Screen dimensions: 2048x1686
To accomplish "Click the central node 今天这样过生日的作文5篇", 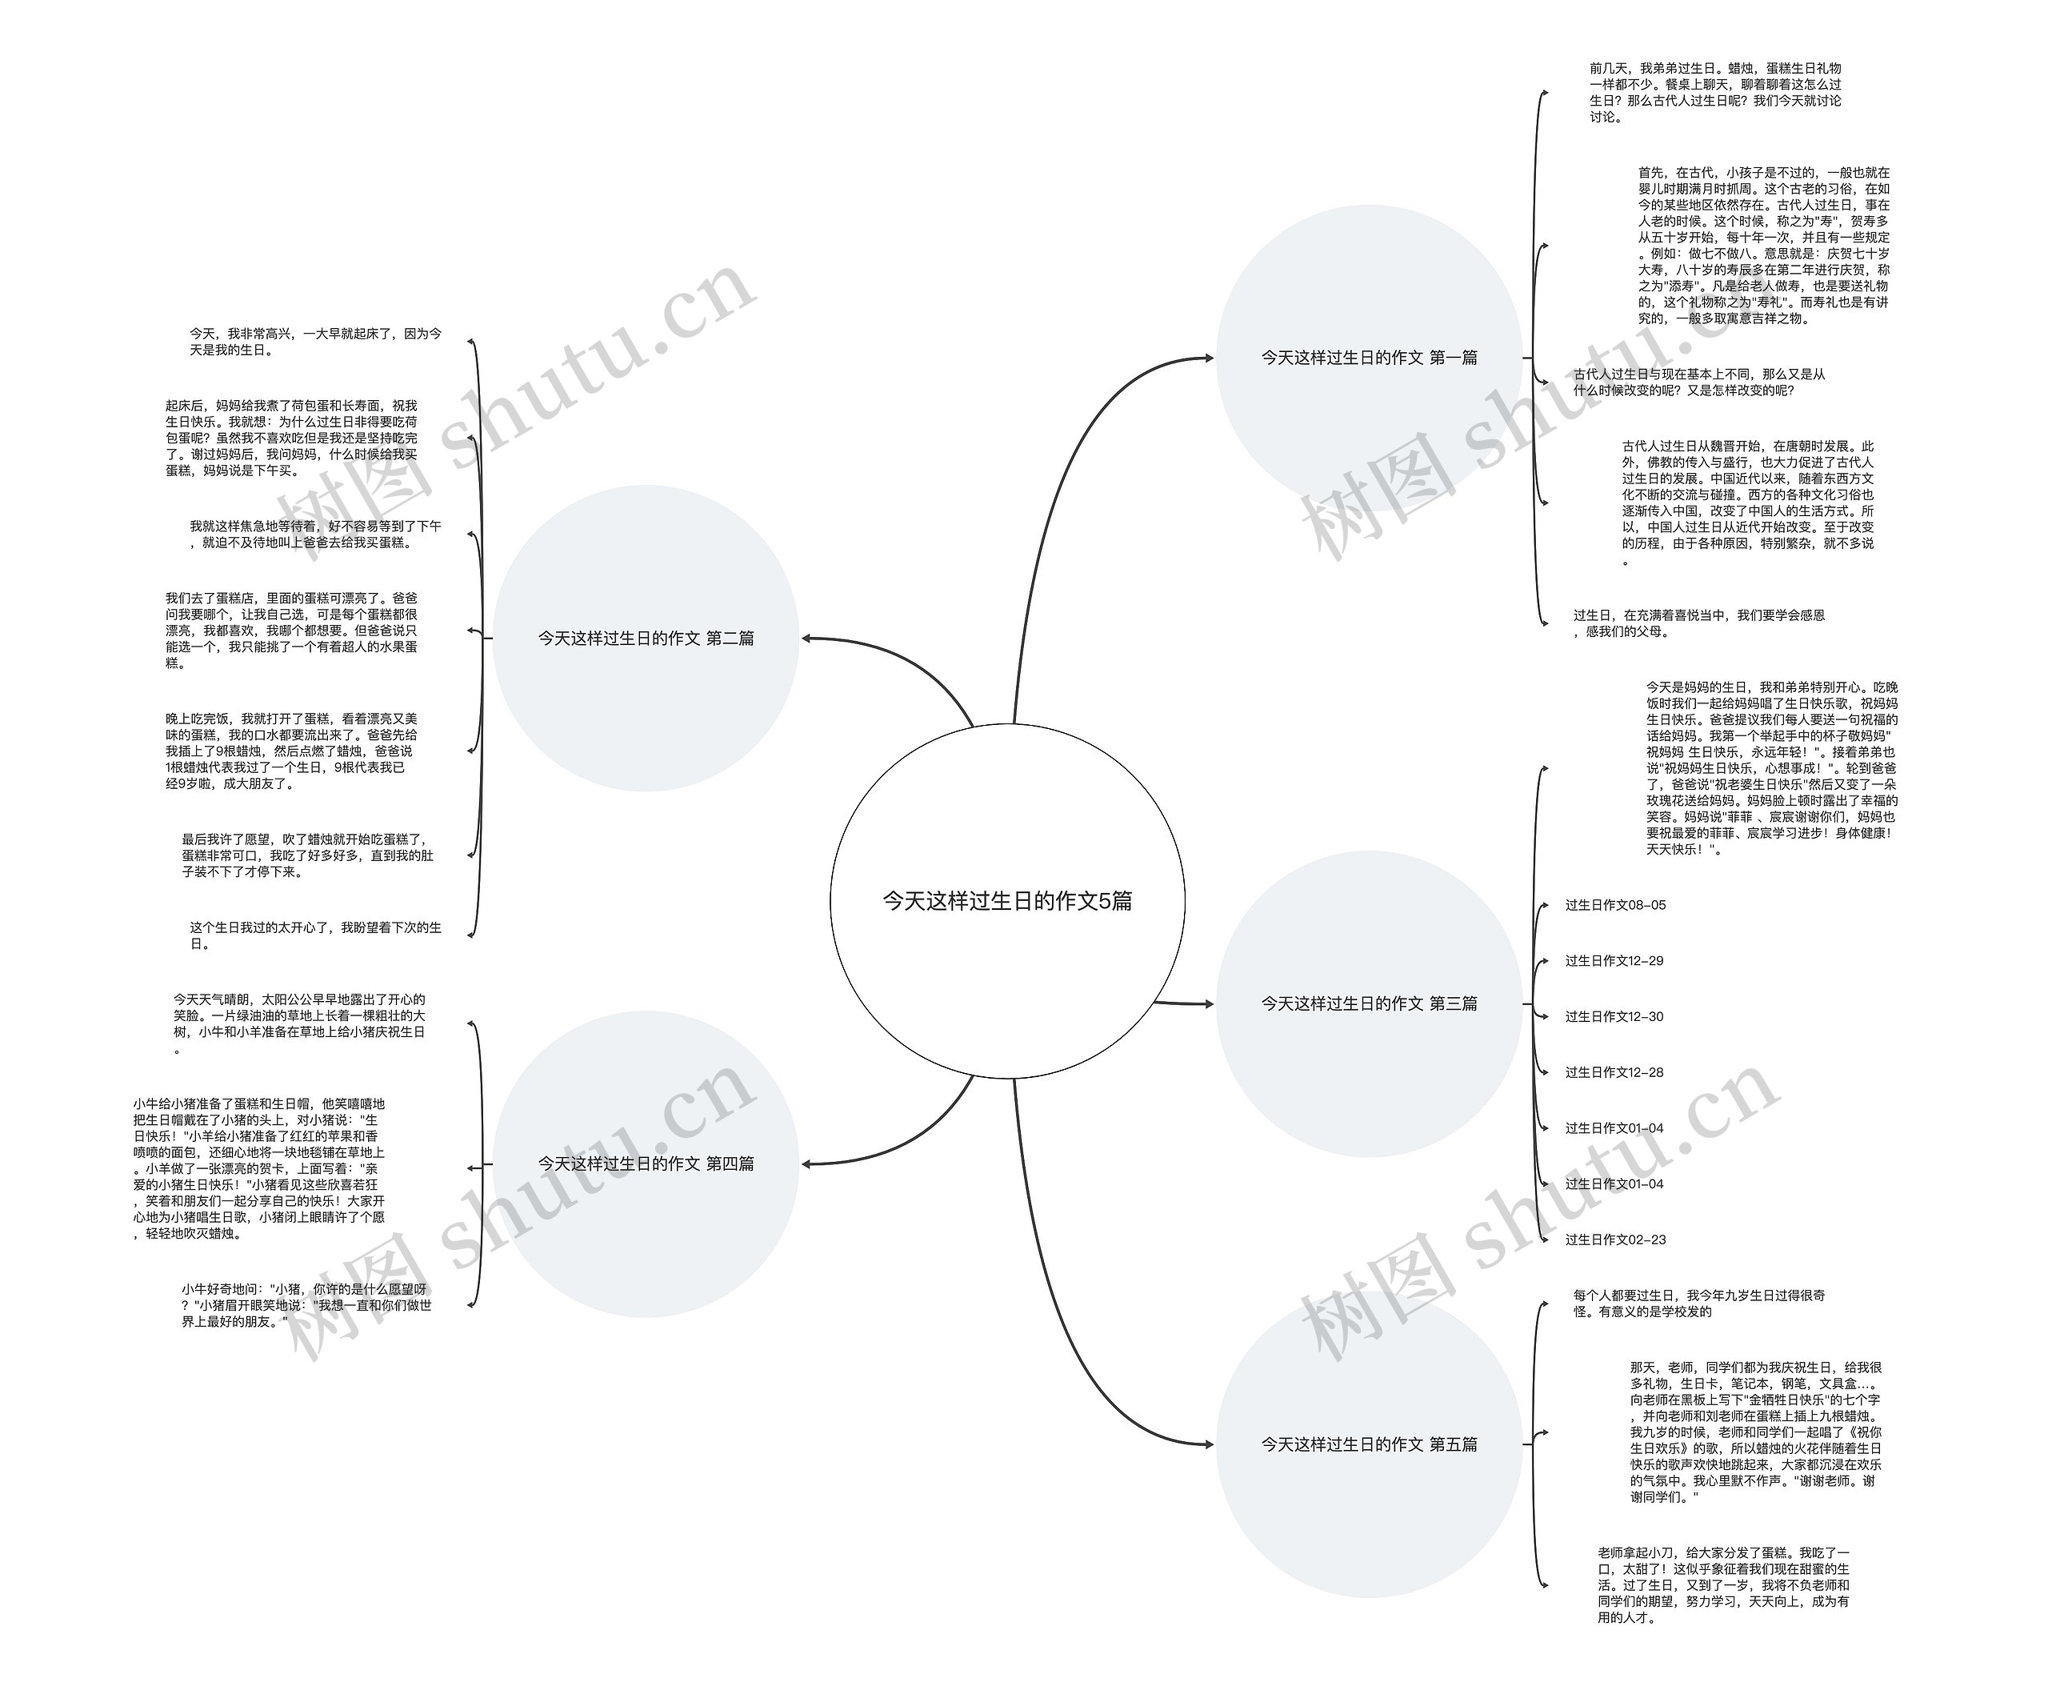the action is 1007,901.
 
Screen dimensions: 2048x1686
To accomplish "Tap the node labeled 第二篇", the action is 646,638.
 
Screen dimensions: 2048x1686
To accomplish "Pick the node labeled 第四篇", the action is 646,1163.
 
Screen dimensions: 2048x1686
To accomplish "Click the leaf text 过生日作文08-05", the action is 1615,905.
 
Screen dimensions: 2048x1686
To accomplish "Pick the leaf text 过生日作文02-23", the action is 1615,1239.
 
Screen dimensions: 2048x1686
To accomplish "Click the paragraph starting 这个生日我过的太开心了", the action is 314,935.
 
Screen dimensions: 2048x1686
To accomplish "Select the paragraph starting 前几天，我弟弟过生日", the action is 1715,92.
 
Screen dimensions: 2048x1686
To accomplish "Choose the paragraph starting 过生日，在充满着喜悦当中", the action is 1698,623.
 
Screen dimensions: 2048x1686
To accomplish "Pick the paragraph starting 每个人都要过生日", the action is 1698,1304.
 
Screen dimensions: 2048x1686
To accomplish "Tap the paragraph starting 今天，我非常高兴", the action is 314,341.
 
